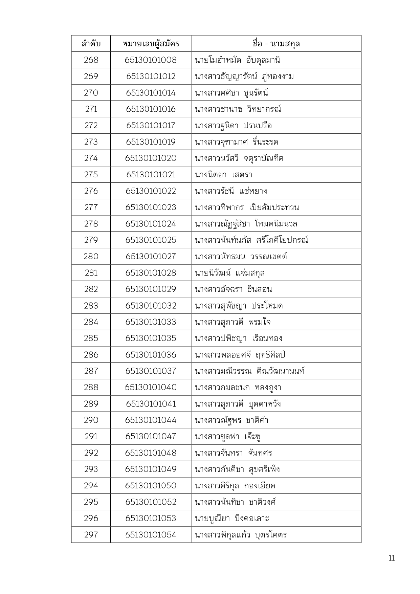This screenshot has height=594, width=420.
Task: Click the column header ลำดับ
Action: point(91,44)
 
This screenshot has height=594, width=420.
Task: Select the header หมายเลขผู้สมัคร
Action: point(151,44)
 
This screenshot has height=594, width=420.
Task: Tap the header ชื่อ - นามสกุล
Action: point(276,44)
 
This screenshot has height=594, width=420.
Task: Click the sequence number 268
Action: point(91,60)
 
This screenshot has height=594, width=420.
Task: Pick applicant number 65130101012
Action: point(151,76)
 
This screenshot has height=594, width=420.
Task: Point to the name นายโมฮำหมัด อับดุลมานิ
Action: point(237,60)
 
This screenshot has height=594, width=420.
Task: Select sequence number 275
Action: point(91,175)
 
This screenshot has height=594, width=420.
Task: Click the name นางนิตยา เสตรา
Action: point(223,175)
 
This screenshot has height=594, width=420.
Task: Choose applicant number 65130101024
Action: point(151,224)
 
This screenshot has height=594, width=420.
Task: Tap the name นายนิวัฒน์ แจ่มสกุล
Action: point(230,273)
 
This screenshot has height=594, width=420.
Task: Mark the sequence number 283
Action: point(91,306)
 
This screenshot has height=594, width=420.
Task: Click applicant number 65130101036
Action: point(151,355)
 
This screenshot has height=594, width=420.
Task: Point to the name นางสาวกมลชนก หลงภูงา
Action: point(238,387)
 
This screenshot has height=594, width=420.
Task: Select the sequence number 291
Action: point(91,436)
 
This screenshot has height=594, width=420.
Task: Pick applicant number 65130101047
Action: point(151,436)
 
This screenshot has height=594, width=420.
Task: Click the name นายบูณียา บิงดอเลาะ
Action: point(232,518)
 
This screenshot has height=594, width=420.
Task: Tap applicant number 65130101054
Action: point(151,535)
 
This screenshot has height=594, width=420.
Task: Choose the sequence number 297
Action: point(91,535)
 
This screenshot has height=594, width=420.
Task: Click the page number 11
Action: point(392,558)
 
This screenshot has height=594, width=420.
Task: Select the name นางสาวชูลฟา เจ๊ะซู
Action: point(227,436)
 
